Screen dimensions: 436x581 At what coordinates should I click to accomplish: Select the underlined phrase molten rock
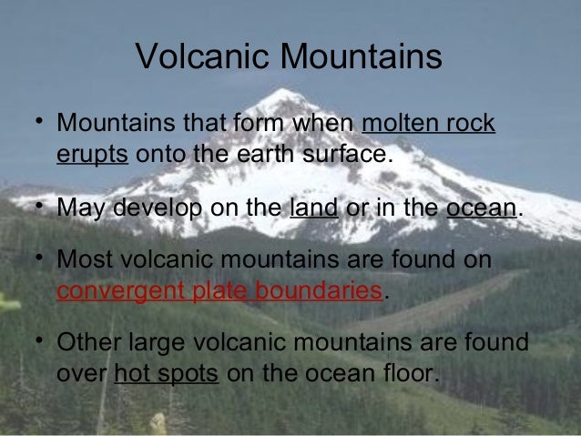[x=429, y=123]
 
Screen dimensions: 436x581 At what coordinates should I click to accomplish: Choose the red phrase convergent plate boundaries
[x=219, y=292]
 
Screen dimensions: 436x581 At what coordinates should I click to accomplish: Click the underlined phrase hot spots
[x=168, y=373]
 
